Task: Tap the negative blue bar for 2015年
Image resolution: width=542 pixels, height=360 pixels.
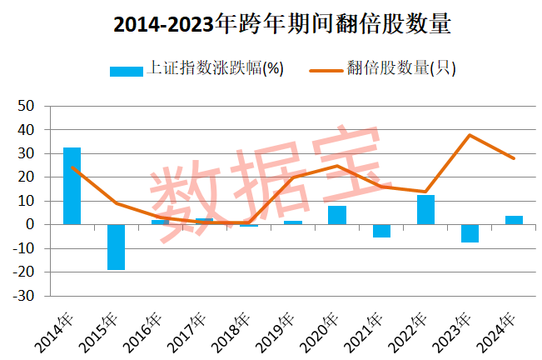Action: tap(116, 247)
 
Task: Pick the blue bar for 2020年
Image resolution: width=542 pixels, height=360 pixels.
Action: tap(337, 215)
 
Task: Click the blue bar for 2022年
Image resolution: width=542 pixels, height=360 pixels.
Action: tap(425, 209)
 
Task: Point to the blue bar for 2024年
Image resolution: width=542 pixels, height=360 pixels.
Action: tap(514, 220)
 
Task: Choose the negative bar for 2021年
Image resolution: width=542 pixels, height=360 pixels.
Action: tap(381, 231)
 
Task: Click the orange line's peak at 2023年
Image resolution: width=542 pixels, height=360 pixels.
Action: tap(470, 135)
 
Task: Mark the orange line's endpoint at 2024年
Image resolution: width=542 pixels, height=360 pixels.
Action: tap(514, 158)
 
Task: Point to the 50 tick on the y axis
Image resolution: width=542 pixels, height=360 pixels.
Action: tap(27, 107)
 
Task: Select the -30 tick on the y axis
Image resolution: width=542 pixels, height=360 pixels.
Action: tap(25, 296)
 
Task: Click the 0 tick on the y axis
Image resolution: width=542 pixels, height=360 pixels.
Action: tap(32, 225)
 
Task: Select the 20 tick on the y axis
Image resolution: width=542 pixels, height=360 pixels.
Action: tap(27, 177)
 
